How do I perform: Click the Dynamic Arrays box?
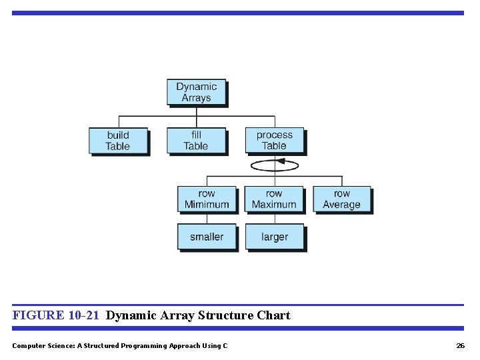coord(196,92)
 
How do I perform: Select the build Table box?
coord(118,141)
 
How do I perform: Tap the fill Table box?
coord(196,141)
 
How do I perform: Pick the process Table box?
coord(274,141)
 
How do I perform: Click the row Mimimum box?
coord(207,199)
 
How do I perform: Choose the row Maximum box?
coord(274,199)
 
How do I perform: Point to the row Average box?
coord(341,199)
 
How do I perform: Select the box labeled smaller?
coord(207,237)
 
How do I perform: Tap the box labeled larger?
coord(275,237)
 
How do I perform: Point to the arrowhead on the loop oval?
coord(281,161)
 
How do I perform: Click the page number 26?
coord(460,345)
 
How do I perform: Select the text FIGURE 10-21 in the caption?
coord(57,315)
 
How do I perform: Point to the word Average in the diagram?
coord(341,205)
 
